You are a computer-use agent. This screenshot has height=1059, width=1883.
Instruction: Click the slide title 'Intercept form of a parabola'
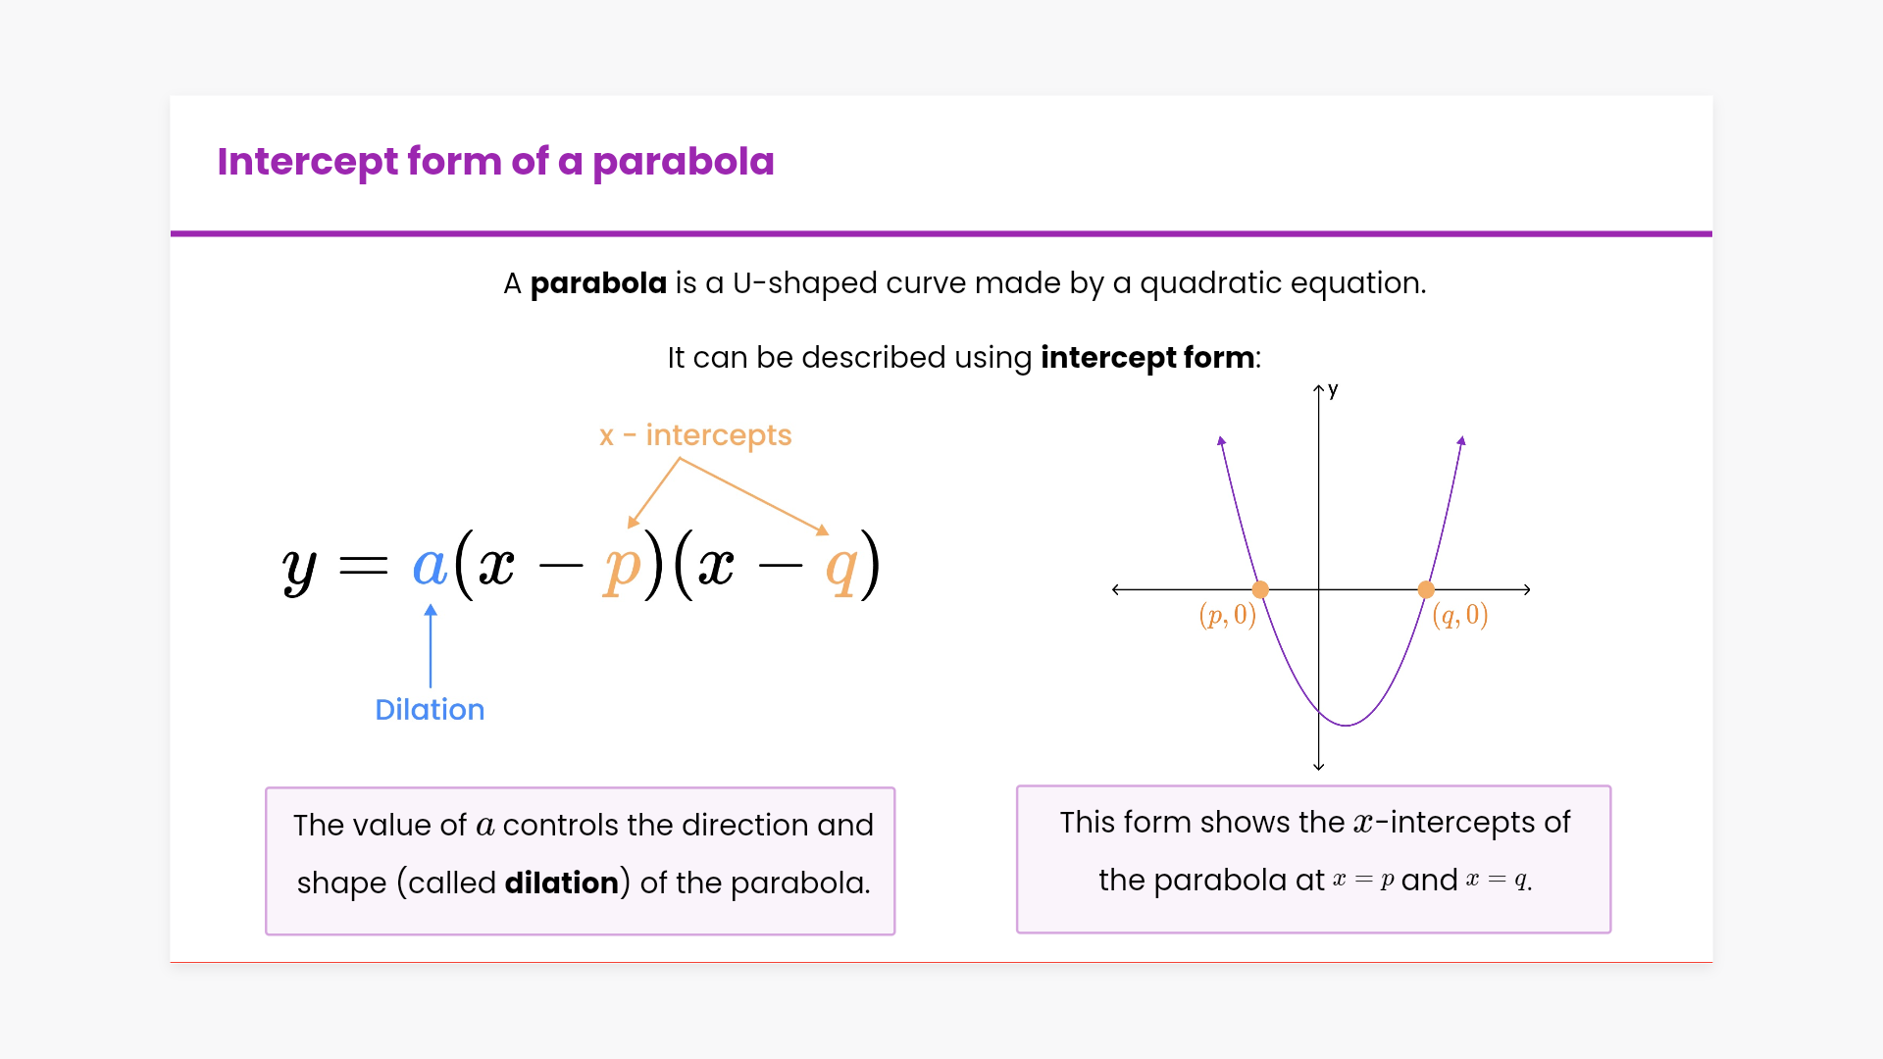[x=495, y=162]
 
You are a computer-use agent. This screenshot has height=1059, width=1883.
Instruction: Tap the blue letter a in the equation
[x=430, y=566]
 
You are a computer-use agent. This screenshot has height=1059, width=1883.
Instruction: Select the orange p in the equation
[x=622, y=569]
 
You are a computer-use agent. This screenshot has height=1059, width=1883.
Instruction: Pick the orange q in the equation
[x=841, y=570]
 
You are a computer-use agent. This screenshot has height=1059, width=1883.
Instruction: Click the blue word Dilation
[x=430, y=709]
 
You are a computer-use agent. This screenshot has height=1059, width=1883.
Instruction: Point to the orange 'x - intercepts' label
[x=695, y=435]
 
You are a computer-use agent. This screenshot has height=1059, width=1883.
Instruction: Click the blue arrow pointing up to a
[x=431, y=646]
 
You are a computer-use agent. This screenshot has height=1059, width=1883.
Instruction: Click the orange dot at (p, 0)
[x=1260, y=589]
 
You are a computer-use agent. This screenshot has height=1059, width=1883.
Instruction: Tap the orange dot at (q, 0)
[x=1426, y=589]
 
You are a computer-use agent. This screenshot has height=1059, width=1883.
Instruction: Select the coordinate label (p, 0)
[x=1227, y=616]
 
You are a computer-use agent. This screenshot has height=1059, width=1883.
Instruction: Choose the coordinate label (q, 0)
[x=1460, y=616]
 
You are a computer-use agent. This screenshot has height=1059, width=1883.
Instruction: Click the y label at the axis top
[x=1333, y=390]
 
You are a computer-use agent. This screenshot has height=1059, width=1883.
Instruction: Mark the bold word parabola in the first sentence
[x=598, y=283]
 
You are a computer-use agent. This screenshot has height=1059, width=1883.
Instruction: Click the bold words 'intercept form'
[x=1147, y=358]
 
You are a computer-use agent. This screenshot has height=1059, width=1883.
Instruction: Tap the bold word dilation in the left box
[x=561, y=882]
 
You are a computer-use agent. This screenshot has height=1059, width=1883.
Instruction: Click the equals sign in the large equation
[x=363, y=566]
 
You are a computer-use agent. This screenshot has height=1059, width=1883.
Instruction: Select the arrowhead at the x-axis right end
[x=1527, y=589]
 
